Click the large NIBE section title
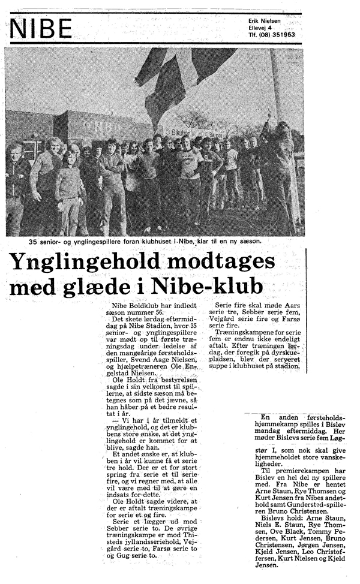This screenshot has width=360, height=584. (41, 29)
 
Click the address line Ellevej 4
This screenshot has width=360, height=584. (260, 28)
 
